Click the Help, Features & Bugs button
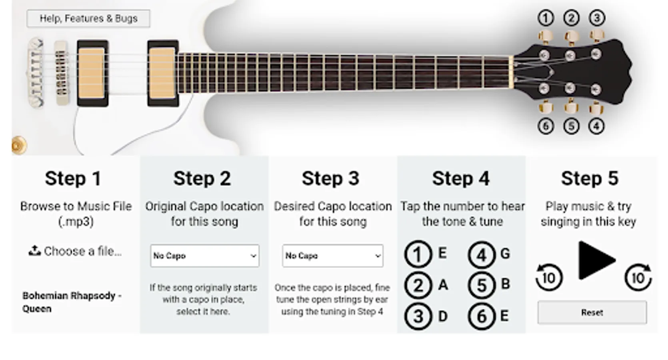88,18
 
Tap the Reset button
592,312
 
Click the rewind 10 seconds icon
549,277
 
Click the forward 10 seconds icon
638,277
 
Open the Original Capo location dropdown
204,256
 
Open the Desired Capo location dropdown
332,256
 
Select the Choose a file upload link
75,251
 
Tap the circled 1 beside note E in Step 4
418,254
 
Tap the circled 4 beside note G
482,255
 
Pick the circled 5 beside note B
482,285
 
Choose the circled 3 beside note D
418,316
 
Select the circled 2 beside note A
418,285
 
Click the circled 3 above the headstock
597,18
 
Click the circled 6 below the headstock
546,126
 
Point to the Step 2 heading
202,178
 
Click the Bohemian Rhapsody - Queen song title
72,302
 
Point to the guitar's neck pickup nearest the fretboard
163,73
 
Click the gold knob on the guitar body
19,146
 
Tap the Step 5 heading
590,178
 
